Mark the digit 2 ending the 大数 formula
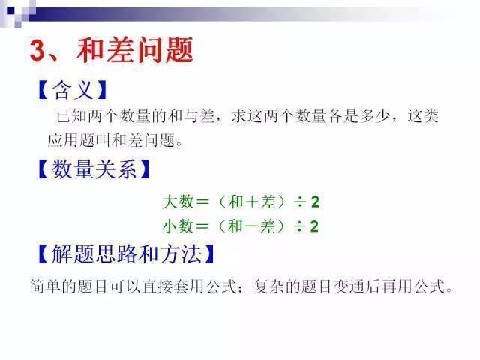[316, 202]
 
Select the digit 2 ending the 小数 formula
[316, 226]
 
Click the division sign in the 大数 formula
[300, 202]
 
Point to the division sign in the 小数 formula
[300, 226]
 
